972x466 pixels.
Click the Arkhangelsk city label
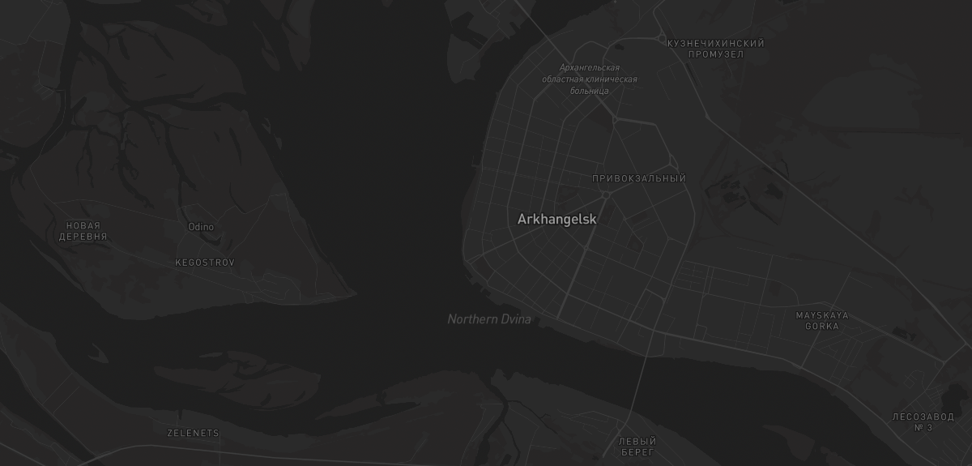556,219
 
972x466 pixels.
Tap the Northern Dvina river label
489,319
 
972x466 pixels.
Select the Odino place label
201,227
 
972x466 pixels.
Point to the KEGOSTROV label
205,263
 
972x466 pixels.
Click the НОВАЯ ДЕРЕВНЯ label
83,231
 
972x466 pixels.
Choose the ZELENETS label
193,433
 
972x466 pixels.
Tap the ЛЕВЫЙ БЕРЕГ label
637,447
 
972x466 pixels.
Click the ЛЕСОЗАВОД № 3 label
923,422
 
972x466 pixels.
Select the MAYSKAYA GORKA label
822,321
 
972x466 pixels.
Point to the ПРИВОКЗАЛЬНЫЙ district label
639,178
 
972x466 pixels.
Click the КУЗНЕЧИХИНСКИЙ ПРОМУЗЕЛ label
716,49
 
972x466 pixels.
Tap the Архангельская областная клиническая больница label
590,79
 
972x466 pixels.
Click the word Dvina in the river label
516,319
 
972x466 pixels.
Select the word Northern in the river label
473,319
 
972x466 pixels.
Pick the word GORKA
822,327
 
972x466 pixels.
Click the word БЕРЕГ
637,452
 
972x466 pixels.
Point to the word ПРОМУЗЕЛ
716,54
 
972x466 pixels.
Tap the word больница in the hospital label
590,91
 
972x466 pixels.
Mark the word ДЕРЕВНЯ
83,237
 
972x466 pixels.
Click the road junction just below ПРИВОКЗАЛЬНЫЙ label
605,195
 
